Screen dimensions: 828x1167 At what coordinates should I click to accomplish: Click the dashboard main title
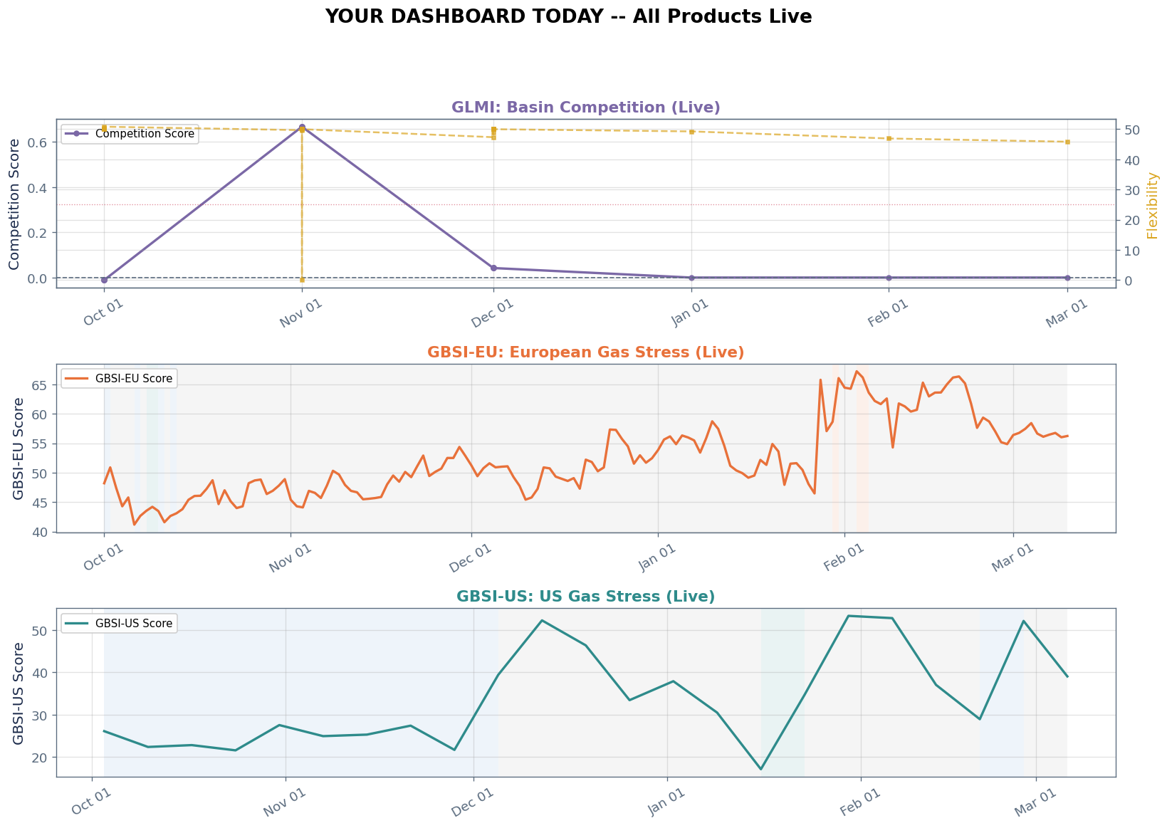pyautogui.click(x=567, y=16)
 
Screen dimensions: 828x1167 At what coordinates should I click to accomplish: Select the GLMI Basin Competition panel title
pyautogui.click(x=585, y=108)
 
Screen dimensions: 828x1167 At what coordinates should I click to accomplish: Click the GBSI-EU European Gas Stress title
pyautogui.click(x=585, y=352)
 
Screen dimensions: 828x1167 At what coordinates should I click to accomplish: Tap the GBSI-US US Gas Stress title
pyautogui.click(x=585, y=597)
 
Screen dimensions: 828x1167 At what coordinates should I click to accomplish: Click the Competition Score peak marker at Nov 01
pyautogui.click(x=302, y=127)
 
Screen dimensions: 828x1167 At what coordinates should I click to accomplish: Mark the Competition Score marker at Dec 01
pyautogui.click(x=493, y=268)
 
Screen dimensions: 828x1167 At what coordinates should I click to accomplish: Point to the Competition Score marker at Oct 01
pyautogui.click(x=104, y=280)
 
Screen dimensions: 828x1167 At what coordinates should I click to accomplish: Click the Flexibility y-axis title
pyautogui.click(x=1153, y=205)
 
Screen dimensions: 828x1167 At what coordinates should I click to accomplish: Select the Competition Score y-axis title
pyautogui.click(x=14, y=204)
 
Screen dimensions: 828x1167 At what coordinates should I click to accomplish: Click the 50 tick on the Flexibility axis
pyautogui.click(x=1132, y=130)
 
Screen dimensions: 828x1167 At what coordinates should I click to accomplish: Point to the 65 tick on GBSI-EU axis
pyautogui.click(x=41, y=385)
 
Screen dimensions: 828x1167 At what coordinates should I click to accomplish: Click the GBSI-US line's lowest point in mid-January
pyautogui.click(x=760, y=769)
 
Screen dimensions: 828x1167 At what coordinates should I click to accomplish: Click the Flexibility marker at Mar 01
pyautogui.click(x=1067, y=142)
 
